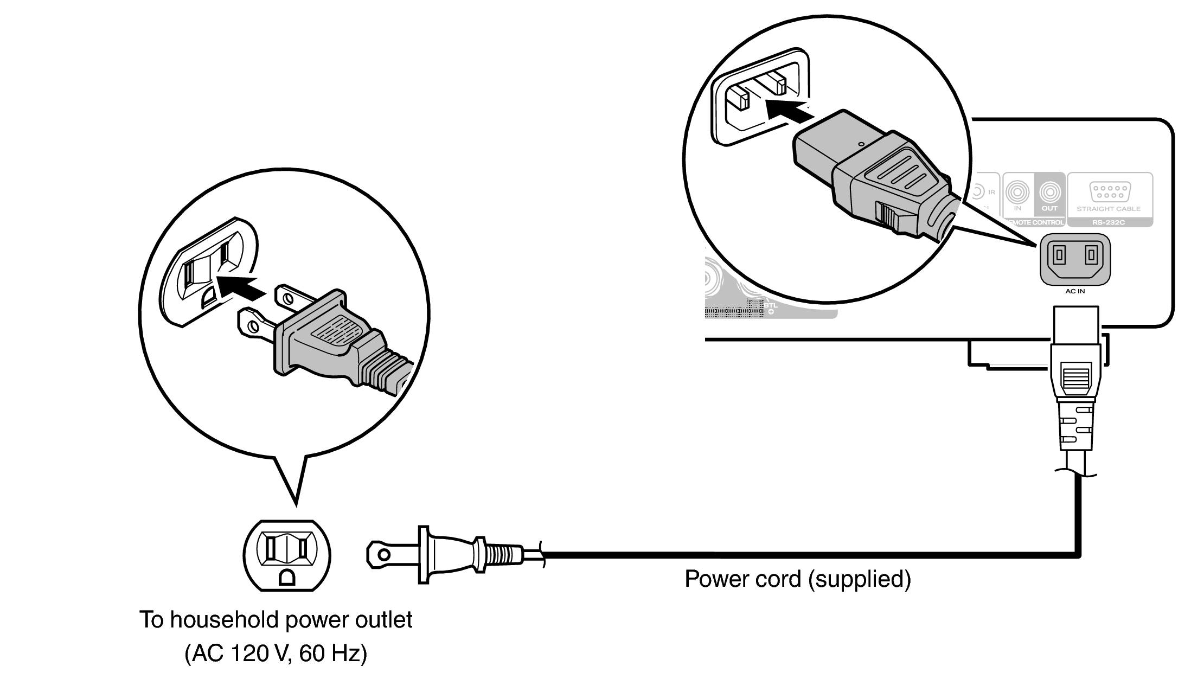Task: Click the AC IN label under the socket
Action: (x=1075, y=291)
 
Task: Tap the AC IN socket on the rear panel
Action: (x=1075, y=259)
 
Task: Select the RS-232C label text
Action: (x=1109, y=222)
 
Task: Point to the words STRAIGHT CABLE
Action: (x=1109, y=209)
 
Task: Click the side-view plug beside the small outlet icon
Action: (x=445, y=554)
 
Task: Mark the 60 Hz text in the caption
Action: (x=332, y=654)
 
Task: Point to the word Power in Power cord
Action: (x=716, y=579)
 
